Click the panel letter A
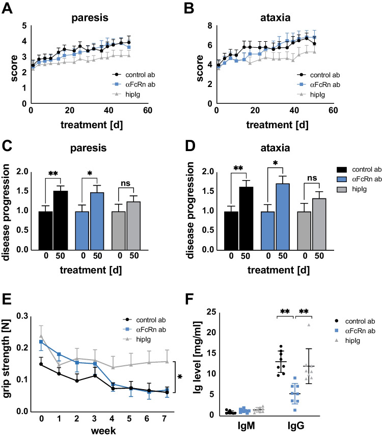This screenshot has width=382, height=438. [x=7, y=7]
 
